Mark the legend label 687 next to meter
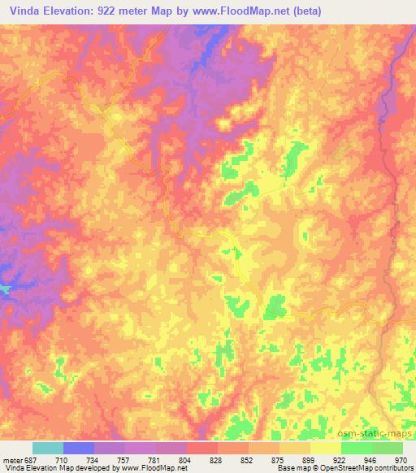31,460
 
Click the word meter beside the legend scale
12,460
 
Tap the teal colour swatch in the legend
48,448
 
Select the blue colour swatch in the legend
79,448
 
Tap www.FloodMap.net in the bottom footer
160,469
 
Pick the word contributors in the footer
393,469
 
